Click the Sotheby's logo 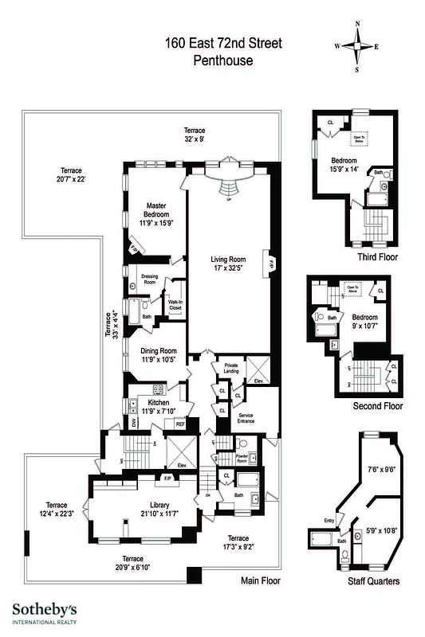click(45, 612)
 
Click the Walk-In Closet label click(175, 303)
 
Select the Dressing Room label click(149, 279)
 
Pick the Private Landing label click(231, 368)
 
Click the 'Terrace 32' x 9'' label click(195, 135)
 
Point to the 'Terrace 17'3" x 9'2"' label click(237, 542)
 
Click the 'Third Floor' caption click(377, 257)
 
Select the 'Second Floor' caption click(377, 406)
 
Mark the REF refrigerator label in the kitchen click(179, 424)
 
